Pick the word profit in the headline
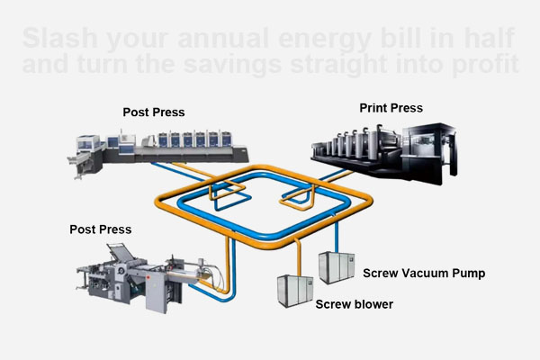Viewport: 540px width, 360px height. click(484, 66)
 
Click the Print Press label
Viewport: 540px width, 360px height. click(391, 108)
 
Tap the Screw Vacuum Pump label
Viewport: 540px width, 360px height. click(424, 272)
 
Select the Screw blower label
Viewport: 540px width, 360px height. click(354, 304)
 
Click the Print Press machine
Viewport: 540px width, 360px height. click(387, 148)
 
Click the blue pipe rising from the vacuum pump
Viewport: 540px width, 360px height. click(336, 236)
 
